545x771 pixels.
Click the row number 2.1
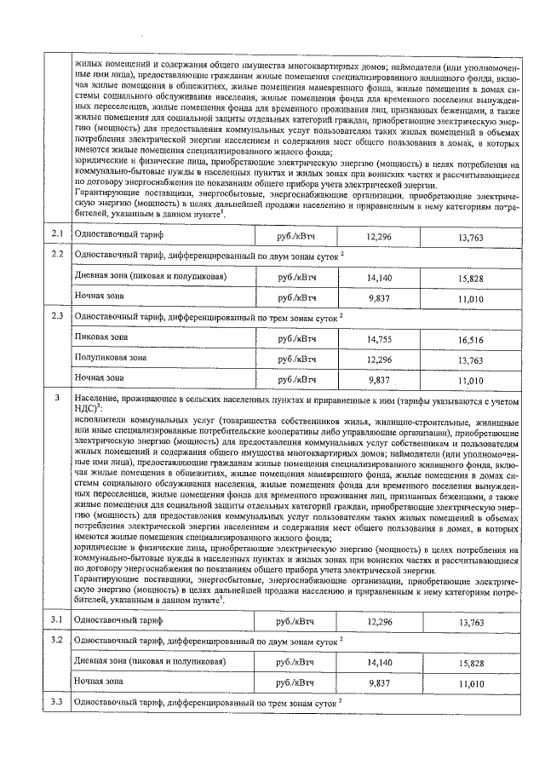57,233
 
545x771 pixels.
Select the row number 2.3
57,317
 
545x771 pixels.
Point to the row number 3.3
57,702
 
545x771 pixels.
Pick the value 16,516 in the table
470,339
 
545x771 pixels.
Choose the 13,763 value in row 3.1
470,623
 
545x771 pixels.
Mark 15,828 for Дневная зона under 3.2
470,662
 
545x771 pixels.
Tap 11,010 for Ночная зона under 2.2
470,298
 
